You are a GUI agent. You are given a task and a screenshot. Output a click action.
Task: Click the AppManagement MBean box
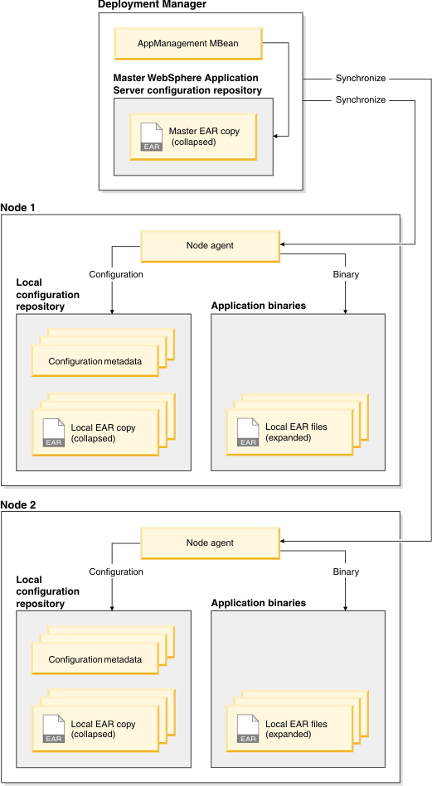click(x=187, y=43)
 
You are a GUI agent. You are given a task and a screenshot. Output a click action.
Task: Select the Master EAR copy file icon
click(x=152, y=137)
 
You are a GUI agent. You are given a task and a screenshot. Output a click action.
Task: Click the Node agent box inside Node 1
click(x=210, y=246)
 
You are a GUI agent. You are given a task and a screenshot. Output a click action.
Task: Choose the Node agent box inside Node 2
click(x=210, y=542)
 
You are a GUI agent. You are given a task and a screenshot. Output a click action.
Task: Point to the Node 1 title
click(x=18, y=208)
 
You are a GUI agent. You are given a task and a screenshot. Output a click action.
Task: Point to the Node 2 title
click(x=18, y=504)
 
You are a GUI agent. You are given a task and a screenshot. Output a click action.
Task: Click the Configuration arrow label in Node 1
click(x=116, y=275)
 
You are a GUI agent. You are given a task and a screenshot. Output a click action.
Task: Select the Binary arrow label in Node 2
click(x=347, y=571)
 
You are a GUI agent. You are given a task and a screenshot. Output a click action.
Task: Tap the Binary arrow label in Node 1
click(x=347, y=275)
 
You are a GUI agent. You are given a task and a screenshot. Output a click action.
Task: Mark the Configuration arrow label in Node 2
click(x=116, y=571)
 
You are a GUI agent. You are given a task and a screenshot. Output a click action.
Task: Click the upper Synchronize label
click(x=361, y=78)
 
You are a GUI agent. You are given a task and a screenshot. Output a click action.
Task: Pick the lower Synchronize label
click(x=361, y=100)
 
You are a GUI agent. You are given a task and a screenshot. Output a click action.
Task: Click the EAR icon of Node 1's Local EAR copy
click(x=54, y=432)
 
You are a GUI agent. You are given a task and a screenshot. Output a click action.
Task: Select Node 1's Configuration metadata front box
click(x=95, y=361)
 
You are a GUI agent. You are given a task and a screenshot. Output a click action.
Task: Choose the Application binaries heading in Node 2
click(x=259, y=603)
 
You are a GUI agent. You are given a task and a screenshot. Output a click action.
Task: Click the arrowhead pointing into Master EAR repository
click(x=276, y=136)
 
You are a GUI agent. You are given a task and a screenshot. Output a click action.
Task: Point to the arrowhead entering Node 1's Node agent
click(x=283, y=244)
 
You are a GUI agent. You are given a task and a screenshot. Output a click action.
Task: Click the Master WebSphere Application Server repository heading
click(x=187, y=84)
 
